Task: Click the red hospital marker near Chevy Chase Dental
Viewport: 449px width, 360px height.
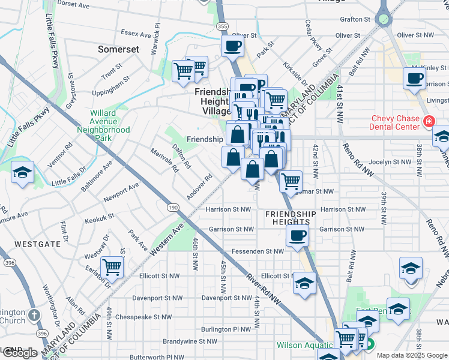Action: tap(429, 122)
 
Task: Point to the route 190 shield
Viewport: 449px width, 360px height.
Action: tap(173, 207)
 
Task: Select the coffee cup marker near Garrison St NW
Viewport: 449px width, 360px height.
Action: tap(298, 236)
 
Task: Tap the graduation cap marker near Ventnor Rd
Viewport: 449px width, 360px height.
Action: tap(23, 173)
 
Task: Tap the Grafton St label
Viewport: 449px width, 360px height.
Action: tap(355, 19)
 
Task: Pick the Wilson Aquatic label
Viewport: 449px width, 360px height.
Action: tap(304, 345)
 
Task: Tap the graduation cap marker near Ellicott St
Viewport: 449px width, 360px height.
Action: tap(305, 283)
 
